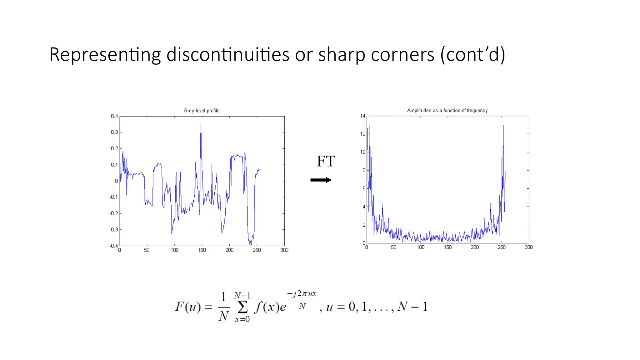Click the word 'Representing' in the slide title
click(x=105, y=55)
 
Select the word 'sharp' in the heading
click(x=342, y=55)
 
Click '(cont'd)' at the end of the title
click(x=472, y=55)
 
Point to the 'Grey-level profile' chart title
click(x=201, y=111)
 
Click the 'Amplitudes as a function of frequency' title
click(x=447, y=111)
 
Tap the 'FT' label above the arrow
click(x=326, y=161)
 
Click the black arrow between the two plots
click(x=321, y=180)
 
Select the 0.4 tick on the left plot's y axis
click(x=114, y=116)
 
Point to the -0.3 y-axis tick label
click(x=114, y=230)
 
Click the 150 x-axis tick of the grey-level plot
click(x=202, y=250)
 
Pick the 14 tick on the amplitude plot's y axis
click(x=362, y=116)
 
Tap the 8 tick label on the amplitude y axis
click(x=364, y=170)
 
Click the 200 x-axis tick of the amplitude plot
click(x=475, y=247)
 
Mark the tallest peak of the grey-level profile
click(x=201, y=125)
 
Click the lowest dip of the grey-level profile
click(x=250, y=244)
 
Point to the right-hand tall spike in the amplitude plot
click(x=503, y=126)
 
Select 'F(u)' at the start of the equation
click(x=188, y=307)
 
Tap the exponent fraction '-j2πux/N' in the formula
click(x=302, y=300)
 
